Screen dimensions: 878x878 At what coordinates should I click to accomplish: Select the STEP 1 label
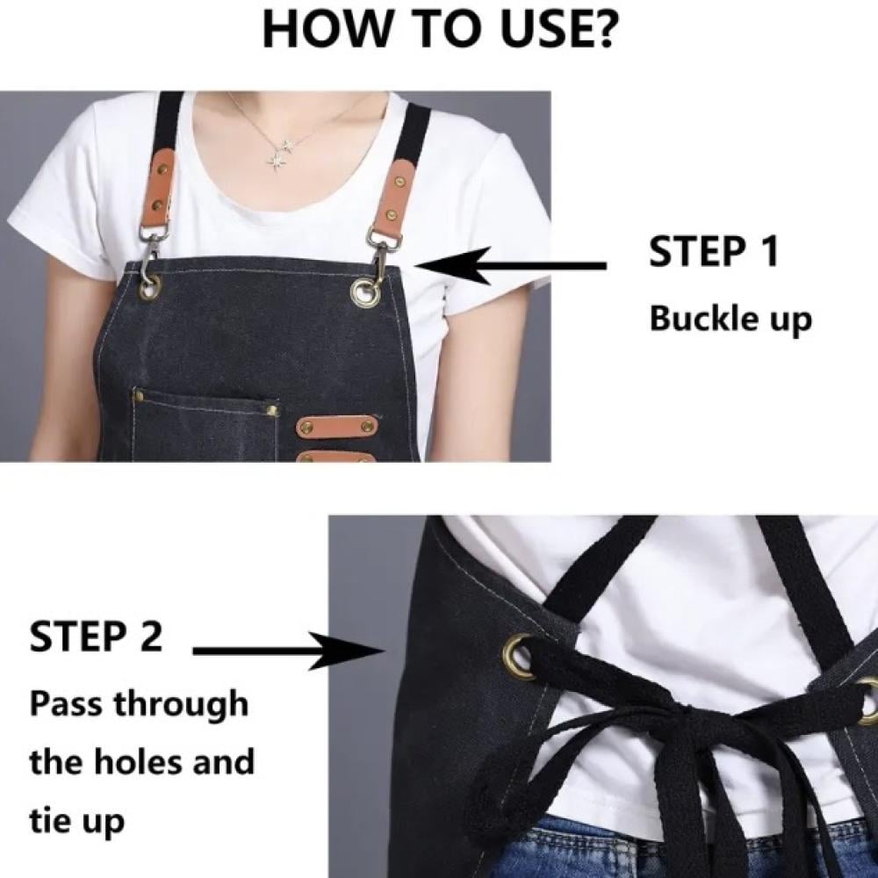[x=714, y=251]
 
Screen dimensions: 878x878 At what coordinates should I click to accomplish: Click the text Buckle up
[x=730, y=320]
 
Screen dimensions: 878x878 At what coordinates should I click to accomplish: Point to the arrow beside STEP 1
[x=511, y=265]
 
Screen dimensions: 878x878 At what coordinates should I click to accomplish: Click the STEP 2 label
[x=96, y=636]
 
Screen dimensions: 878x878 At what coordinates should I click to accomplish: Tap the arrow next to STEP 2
[x=289, y=651]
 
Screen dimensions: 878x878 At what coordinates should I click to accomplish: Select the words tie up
[x=76, y=821]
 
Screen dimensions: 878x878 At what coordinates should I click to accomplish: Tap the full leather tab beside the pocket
[x=336, y=428]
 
